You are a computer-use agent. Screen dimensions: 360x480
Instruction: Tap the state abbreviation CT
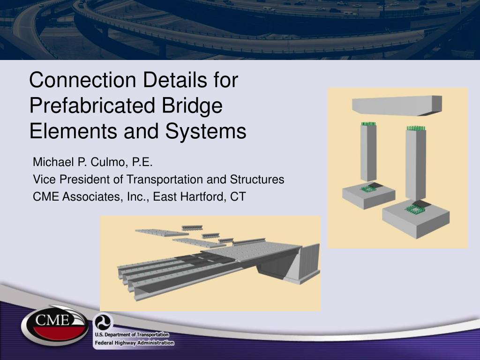[x=238, y=196]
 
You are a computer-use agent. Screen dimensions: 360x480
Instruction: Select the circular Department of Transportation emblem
[x=100, y=322]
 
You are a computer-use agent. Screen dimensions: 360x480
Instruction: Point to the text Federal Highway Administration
[x=134, y=343]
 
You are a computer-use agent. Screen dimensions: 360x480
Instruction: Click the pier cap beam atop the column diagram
[x=397, y=106]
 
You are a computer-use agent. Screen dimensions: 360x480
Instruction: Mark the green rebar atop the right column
[x=415, y=128]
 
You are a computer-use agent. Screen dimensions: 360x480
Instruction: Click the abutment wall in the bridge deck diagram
[x=308, y=262]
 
